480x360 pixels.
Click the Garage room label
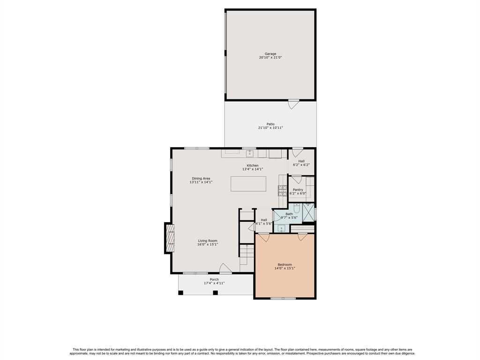(x=270, y=54)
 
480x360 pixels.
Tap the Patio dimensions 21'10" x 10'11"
(x=270, y=127)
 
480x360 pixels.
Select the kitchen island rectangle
(x=248, y=184)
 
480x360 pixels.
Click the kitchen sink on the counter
(x=250, y=153)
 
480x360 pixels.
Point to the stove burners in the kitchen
(x=283, y=191)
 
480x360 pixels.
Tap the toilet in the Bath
(x=296, y=208)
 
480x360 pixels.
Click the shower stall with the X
(x=308, y=212)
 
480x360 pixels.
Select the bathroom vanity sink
(x=282, y=228)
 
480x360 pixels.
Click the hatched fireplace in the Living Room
(x=170, y=238)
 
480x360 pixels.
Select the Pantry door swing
(x=296, y=180)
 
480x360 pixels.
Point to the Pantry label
(x=298, y=190)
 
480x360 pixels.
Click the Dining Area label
(x=201, y=179)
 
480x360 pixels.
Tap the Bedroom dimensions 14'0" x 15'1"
(x=285, y=268)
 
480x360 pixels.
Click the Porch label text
(x=214, y=279)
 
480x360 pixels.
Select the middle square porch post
(x=215, y=292)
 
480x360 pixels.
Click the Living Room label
(x=207, y=241)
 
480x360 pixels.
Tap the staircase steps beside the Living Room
(x=247, y=258)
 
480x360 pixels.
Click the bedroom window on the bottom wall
(x=283, y=298)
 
